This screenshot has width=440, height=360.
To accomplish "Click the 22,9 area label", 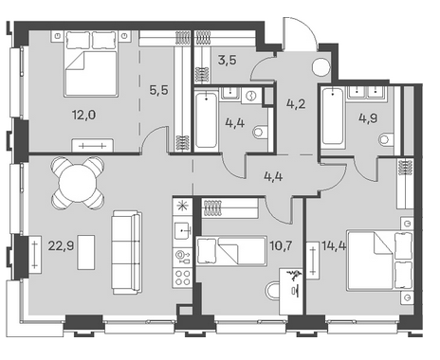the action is [x=61, y=245].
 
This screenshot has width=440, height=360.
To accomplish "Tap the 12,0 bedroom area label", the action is [x=83, y=115].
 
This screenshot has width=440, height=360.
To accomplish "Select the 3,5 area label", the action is [x=227, y=60].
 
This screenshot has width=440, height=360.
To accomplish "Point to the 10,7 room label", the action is [x=281, y=245].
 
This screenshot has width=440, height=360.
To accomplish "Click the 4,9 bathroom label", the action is [x=368, y=118].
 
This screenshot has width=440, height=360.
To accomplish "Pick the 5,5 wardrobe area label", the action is [x=158, y=90].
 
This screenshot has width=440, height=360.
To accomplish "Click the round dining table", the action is [x=78, y=183].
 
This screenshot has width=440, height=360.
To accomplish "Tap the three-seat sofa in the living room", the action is [x=126, y=253].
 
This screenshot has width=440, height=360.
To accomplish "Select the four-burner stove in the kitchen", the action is [x=183, y=278].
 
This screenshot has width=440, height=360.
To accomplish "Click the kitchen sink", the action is [x=183, y=230].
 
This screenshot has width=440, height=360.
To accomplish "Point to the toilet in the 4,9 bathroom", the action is [x=386, y=139].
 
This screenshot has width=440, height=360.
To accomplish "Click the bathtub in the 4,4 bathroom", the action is [x=206, y=120].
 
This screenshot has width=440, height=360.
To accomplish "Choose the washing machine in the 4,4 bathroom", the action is [x=251, y=96].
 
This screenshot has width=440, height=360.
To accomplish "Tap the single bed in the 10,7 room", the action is [x=231, y=251].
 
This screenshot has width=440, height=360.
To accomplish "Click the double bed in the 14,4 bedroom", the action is [x=380, y=261].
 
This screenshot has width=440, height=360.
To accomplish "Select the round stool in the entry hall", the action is [x=321, y=67].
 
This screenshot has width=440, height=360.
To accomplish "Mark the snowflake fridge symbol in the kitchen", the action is [x=183, y=207].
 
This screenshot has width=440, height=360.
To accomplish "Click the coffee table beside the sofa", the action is [x=86, y=252].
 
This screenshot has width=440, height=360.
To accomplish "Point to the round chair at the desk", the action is [x=272, y=292].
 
